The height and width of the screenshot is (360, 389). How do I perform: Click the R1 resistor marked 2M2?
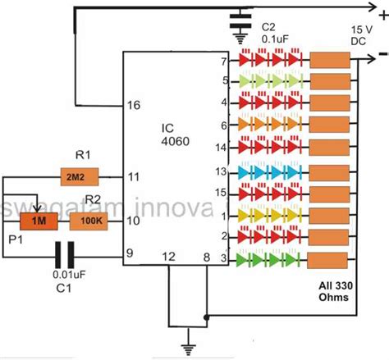click(80, 176)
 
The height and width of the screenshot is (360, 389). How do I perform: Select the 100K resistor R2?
click(86, 221)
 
